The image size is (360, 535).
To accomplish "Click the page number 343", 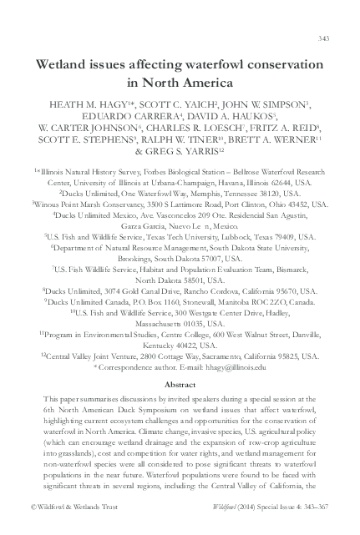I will (325, 39).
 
